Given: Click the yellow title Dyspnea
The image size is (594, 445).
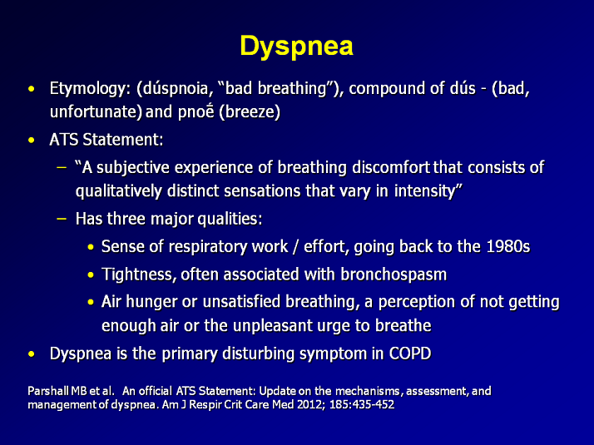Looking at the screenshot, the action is pos(297,47).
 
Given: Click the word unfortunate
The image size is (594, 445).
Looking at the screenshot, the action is pos(93,111).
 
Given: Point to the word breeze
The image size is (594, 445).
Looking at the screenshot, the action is pos(250,112).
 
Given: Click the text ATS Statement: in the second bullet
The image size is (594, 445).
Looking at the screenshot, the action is pos(106,140).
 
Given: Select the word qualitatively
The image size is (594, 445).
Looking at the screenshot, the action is pos(119,191).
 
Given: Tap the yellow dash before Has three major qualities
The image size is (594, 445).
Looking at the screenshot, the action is pos(62,219).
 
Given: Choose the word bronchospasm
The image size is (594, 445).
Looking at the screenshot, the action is pos(394,274).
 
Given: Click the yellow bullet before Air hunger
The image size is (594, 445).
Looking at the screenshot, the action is pos(91,302).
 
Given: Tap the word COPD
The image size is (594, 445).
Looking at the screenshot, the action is pos(410,354).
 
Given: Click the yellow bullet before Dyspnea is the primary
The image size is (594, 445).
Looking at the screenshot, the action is pos(32,354).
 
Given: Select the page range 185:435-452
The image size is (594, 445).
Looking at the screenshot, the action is pos(362,404).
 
